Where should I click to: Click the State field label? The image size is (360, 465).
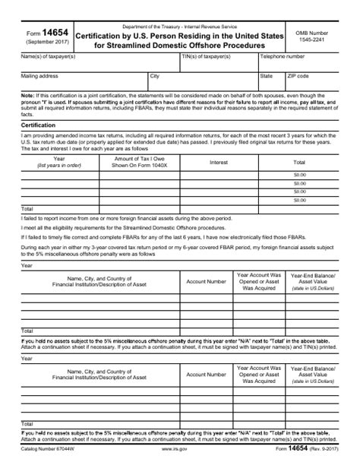266,76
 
